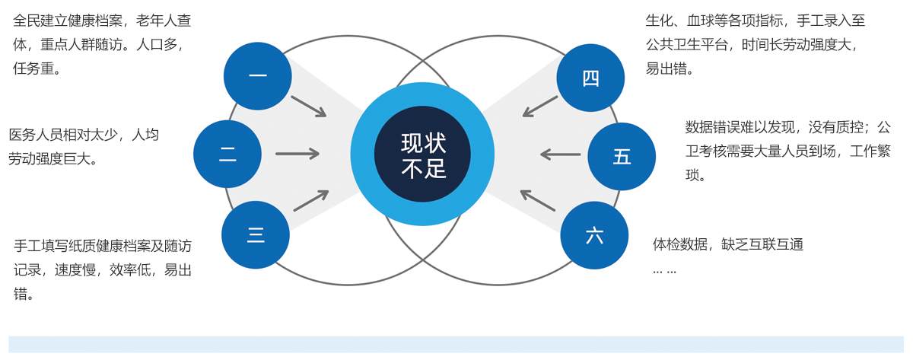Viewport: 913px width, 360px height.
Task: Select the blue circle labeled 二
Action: tap(227, 155)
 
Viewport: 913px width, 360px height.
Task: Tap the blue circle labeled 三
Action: tap(256, 235)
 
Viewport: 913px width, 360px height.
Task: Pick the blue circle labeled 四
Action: tap(590, 78)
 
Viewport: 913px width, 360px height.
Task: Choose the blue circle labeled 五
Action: tap(622, 156)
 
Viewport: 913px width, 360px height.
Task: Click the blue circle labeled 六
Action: tap(594, 235)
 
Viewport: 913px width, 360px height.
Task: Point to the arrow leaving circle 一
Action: tap(308, 106)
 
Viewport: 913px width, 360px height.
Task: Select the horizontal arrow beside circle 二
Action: tap(297, 154)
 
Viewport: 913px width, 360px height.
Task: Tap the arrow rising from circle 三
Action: tap(310, 200)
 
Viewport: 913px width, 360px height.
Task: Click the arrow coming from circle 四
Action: tap(540, 107)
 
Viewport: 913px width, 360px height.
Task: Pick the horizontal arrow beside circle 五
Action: tap(561, 155)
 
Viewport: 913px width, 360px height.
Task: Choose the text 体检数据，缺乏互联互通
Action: tap(728, 244)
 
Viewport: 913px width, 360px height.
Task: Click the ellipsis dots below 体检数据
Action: tap(664, 269)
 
